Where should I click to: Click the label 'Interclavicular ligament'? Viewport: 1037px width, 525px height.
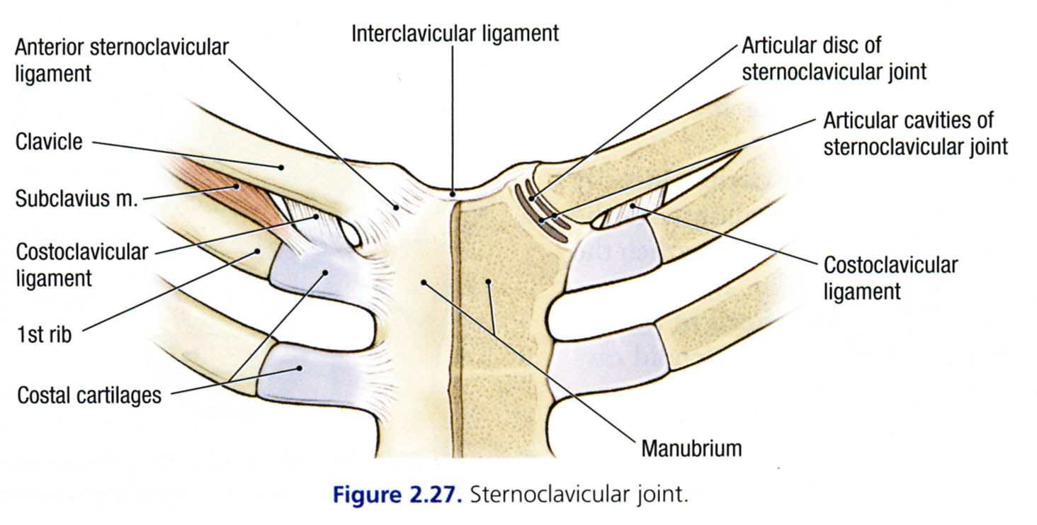pos(455,33)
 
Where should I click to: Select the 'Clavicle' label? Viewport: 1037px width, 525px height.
pos(49,142)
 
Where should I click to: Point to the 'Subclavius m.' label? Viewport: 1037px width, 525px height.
pos(76,199)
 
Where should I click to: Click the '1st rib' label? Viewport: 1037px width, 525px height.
pos(44,334)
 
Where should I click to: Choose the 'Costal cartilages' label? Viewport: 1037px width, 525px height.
pos(89,395)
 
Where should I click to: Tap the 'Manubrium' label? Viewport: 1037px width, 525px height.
pos(691,448)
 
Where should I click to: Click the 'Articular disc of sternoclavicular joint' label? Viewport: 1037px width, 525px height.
pos(834,58)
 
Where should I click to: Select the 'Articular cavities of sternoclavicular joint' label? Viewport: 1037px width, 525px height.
pos(914,133)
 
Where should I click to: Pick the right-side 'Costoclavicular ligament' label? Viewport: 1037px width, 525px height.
pos(890,278)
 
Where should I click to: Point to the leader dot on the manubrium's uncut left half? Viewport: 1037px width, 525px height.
pos(424,282)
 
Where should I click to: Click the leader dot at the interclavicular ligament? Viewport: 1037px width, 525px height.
pos(453,191)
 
